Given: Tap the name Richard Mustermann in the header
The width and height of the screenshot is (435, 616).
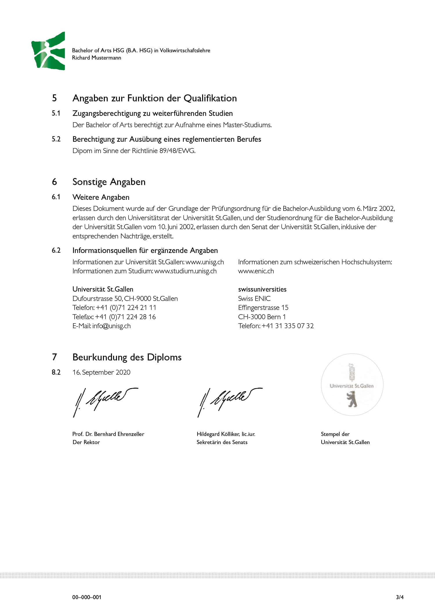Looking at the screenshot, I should (x=97, y=58).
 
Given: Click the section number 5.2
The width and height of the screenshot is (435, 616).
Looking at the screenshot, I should (x=56, y=139).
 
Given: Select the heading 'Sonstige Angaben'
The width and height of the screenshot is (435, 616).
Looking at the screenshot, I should (x=109, y=182).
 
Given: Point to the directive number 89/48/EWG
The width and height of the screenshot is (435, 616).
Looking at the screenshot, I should (x=177, y=151).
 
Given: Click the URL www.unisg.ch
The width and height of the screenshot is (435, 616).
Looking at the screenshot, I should (x=205, y=262).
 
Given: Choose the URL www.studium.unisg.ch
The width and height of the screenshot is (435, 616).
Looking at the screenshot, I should (x=185, y=271).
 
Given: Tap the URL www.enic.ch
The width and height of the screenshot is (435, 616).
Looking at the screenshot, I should (x=256, y=271).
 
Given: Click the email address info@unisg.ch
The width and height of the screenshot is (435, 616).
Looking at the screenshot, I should (x=111, y=326).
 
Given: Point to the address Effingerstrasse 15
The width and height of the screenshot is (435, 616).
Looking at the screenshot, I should (x=263, y=308).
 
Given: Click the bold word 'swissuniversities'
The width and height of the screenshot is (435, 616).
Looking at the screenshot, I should (x=262, y=289).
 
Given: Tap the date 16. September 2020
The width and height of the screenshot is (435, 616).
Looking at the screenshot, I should (x=101, y=372).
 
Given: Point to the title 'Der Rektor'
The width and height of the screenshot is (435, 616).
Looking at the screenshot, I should (x=86, y=442).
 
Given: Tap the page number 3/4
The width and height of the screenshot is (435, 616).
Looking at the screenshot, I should (x=400, y=597).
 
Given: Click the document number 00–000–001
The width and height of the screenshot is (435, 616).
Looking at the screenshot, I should (x=87, y=597).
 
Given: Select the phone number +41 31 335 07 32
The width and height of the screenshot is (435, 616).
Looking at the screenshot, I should (x=287, y=326).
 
